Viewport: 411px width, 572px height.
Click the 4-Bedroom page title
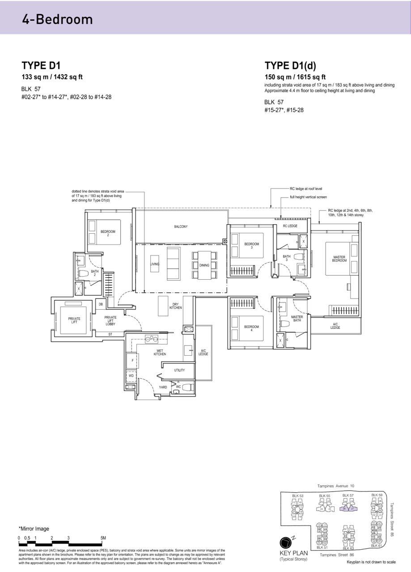(x=57, y=19)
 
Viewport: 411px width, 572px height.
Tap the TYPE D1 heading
(x=41, y=66)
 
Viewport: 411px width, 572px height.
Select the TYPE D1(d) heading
(x=290, y=66)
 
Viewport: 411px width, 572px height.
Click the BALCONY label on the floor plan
(x=181, y=227)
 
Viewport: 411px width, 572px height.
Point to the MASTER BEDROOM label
(x=339, y=259)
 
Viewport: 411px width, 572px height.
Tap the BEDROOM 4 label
(x=251, y=328)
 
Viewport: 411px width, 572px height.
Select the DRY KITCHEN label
(x=175, y=307)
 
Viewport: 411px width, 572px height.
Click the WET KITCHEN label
(x=160, y=352)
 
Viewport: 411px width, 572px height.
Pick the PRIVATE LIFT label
(x=74, y=320)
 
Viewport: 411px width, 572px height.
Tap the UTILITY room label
(x=179, y=370)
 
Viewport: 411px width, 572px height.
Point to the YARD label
(x=163, y=387)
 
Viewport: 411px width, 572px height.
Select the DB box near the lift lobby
(x=101, y=304)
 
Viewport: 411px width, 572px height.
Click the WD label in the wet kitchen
(x=131, y=376)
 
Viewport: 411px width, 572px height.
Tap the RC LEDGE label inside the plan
(x=290, y=226)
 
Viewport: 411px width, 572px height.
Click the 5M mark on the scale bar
(x=103, y=538)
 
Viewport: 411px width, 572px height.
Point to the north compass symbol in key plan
(x=285, y=543)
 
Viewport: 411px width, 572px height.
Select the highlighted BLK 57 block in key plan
(x=348, y=508)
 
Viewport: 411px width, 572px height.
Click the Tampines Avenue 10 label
(x=335, y=485)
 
